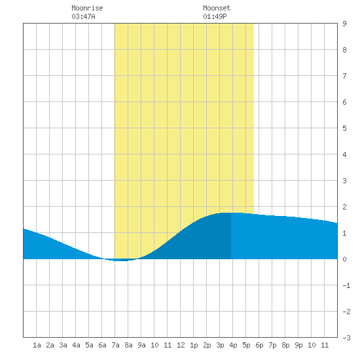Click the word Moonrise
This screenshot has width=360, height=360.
click(x=87, y=8)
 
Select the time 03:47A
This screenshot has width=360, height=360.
click(x=83, y=16)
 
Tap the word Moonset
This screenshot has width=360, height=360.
click(x=217, y=8)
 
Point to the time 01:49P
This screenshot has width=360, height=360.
click(x=215, y=16)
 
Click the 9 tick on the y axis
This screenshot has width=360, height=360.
click(x=344, y=24)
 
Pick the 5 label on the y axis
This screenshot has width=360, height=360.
click(x=344, y=128)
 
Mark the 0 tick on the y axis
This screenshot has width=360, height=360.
click(x=344, y=259)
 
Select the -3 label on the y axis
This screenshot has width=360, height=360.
click(x=346, y=338)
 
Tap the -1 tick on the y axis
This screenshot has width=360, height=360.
click(x=346, y=285)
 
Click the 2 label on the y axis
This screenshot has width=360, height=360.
click(x=344, y=207)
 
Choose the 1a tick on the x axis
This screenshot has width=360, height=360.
click(x=37, y=345)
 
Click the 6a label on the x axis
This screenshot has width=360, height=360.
click(x=102, y=345)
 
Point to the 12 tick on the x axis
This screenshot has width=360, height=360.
click(x=181, y=345)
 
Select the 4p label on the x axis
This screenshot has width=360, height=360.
click(x=233, y=345)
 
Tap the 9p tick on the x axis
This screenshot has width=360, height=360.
click(x=298, y=345)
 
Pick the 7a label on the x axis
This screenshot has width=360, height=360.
click(x=115, y=345)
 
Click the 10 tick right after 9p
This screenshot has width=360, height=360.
click(x=312, y=345)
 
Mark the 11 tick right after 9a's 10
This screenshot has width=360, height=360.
click(x=168, y=345)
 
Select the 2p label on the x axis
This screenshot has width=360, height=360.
click(x=207, y=345)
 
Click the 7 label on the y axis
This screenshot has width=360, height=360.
click(x=344, y=76)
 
